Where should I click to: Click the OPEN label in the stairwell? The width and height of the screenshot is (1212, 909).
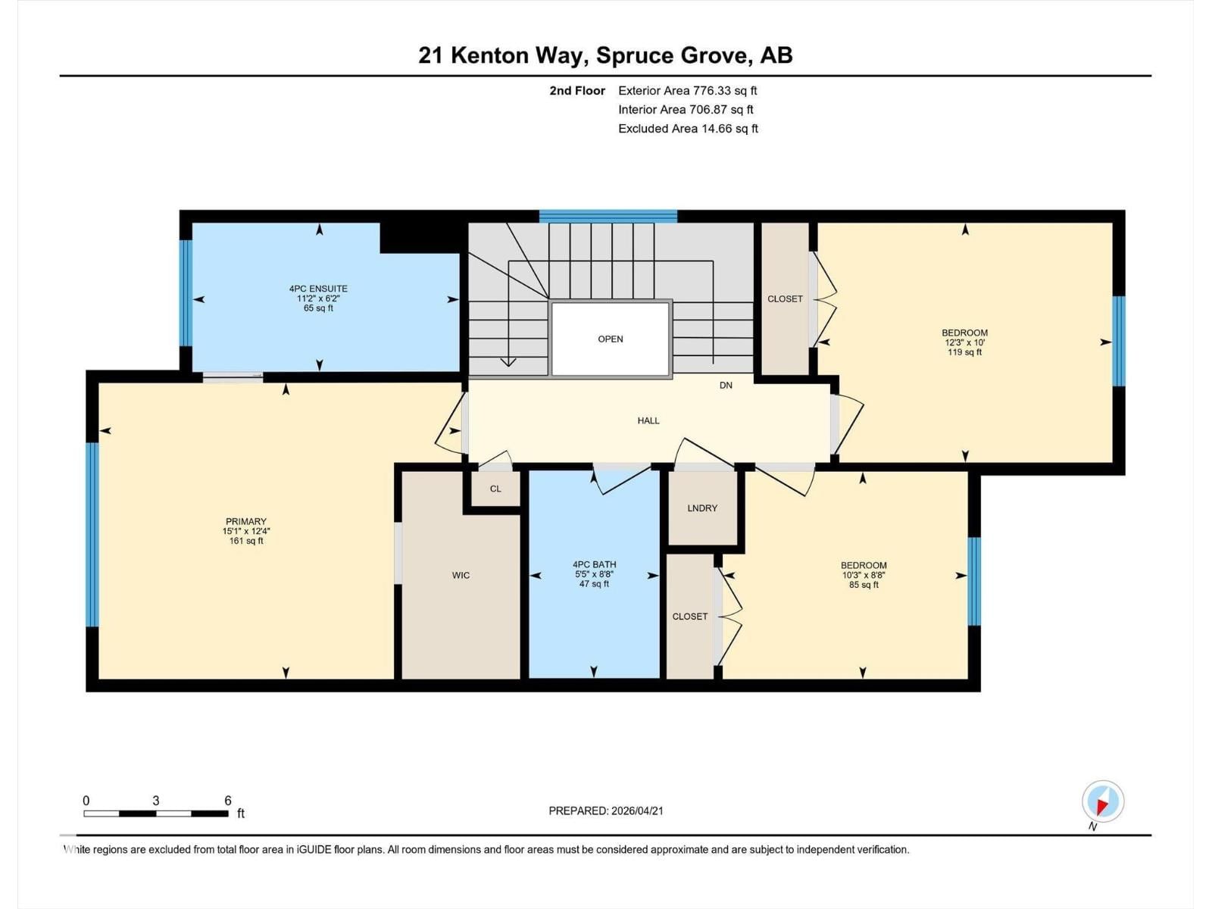click(610, 339)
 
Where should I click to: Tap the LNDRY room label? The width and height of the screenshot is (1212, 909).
click(702, 508)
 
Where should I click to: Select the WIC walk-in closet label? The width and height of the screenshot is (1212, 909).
click(461, 575)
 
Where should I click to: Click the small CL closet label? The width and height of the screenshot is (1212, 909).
click(495, 489)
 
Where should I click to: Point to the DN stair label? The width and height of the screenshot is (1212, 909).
click(726, 385)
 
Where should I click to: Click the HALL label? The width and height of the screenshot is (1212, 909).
click(648, 420)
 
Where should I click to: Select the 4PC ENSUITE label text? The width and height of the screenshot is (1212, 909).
click(318, 289)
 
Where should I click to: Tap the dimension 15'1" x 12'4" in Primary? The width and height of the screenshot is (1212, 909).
click(246, 531)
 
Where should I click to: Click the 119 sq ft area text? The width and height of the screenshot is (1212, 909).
click(964, 352)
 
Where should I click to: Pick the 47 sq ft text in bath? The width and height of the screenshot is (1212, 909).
click(594, 584)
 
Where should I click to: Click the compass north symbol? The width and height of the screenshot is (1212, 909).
click(1102, 801)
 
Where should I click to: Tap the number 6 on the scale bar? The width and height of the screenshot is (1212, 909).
click(227, 801)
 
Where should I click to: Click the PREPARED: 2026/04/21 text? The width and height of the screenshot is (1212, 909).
click(606, 811)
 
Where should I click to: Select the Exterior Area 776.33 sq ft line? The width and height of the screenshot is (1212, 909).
click(687, 90)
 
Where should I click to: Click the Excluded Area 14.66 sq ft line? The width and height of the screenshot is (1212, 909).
click(688, 129)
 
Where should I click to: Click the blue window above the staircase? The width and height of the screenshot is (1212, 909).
click(608, 216)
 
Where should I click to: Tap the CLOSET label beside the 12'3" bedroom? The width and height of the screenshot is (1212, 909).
click(785, 298)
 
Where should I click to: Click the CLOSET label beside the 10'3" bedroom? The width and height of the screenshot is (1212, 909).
click(689, 616)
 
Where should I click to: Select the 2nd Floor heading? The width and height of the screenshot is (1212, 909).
click(577, 90)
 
